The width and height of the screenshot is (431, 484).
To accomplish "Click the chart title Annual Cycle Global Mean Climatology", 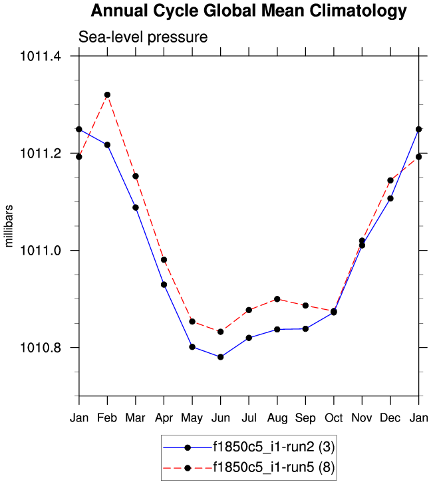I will (248, 11).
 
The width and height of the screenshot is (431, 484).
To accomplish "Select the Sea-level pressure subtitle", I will (143, 37).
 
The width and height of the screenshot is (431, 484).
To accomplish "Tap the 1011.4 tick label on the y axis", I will (42, 57).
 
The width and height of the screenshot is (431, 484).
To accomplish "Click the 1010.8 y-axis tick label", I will (42, 348).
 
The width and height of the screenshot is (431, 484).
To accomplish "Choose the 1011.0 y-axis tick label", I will (42, 251).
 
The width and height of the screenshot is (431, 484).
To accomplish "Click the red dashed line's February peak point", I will (107, 95).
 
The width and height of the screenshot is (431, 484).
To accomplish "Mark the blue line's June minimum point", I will (220, 357).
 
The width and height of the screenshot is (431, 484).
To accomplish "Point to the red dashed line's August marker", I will (277, 299).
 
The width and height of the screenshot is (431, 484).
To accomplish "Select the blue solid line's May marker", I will (192, 347).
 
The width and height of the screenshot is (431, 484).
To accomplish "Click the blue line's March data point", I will (136, 207).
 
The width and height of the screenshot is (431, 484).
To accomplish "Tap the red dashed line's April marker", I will (164, 260).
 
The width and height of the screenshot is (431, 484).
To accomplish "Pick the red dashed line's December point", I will (390, 180).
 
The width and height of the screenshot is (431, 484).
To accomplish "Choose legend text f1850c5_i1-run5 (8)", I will (273, 469).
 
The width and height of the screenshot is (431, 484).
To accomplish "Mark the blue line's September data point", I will (305, 328).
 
